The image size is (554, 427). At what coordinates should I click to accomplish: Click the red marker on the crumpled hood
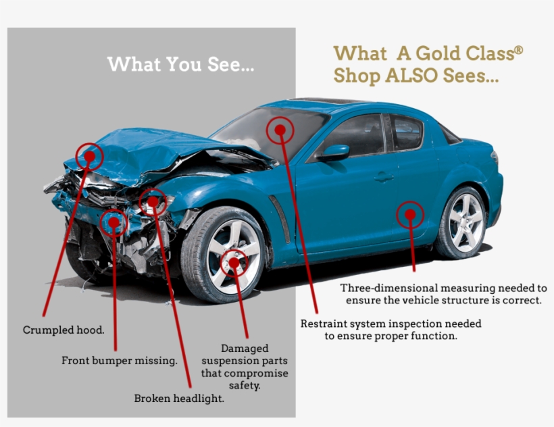coord(89,157)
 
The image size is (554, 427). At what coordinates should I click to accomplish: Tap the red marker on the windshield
coord(280,130)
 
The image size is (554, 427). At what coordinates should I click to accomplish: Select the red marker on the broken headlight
coord(153,202)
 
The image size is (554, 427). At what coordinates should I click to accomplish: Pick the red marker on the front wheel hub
coord(234,262)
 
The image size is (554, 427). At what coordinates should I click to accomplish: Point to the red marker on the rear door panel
coord(410,214)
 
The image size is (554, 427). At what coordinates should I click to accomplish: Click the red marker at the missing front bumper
coord(114,222)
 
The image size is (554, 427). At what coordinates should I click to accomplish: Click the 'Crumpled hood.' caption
coord(64,330)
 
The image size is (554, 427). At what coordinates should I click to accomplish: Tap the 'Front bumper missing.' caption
coord(120,361)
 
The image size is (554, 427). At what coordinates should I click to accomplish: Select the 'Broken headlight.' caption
coord(179,399)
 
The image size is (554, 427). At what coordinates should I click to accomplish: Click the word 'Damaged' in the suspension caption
coord(245,349)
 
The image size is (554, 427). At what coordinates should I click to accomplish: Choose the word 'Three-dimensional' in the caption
coord(388,288)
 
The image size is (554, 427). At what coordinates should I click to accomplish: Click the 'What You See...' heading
coord(180,64)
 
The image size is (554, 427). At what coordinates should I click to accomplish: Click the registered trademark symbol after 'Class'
coord(518,50)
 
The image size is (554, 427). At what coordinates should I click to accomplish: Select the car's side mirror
coord(334,152)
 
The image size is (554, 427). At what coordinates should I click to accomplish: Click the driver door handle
coord(384,176)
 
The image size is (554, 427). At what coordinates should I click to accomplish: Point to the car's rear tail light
coord(494,157)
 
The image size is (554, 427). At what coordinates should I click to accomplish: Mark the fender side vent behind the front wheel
coord(280,219)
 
